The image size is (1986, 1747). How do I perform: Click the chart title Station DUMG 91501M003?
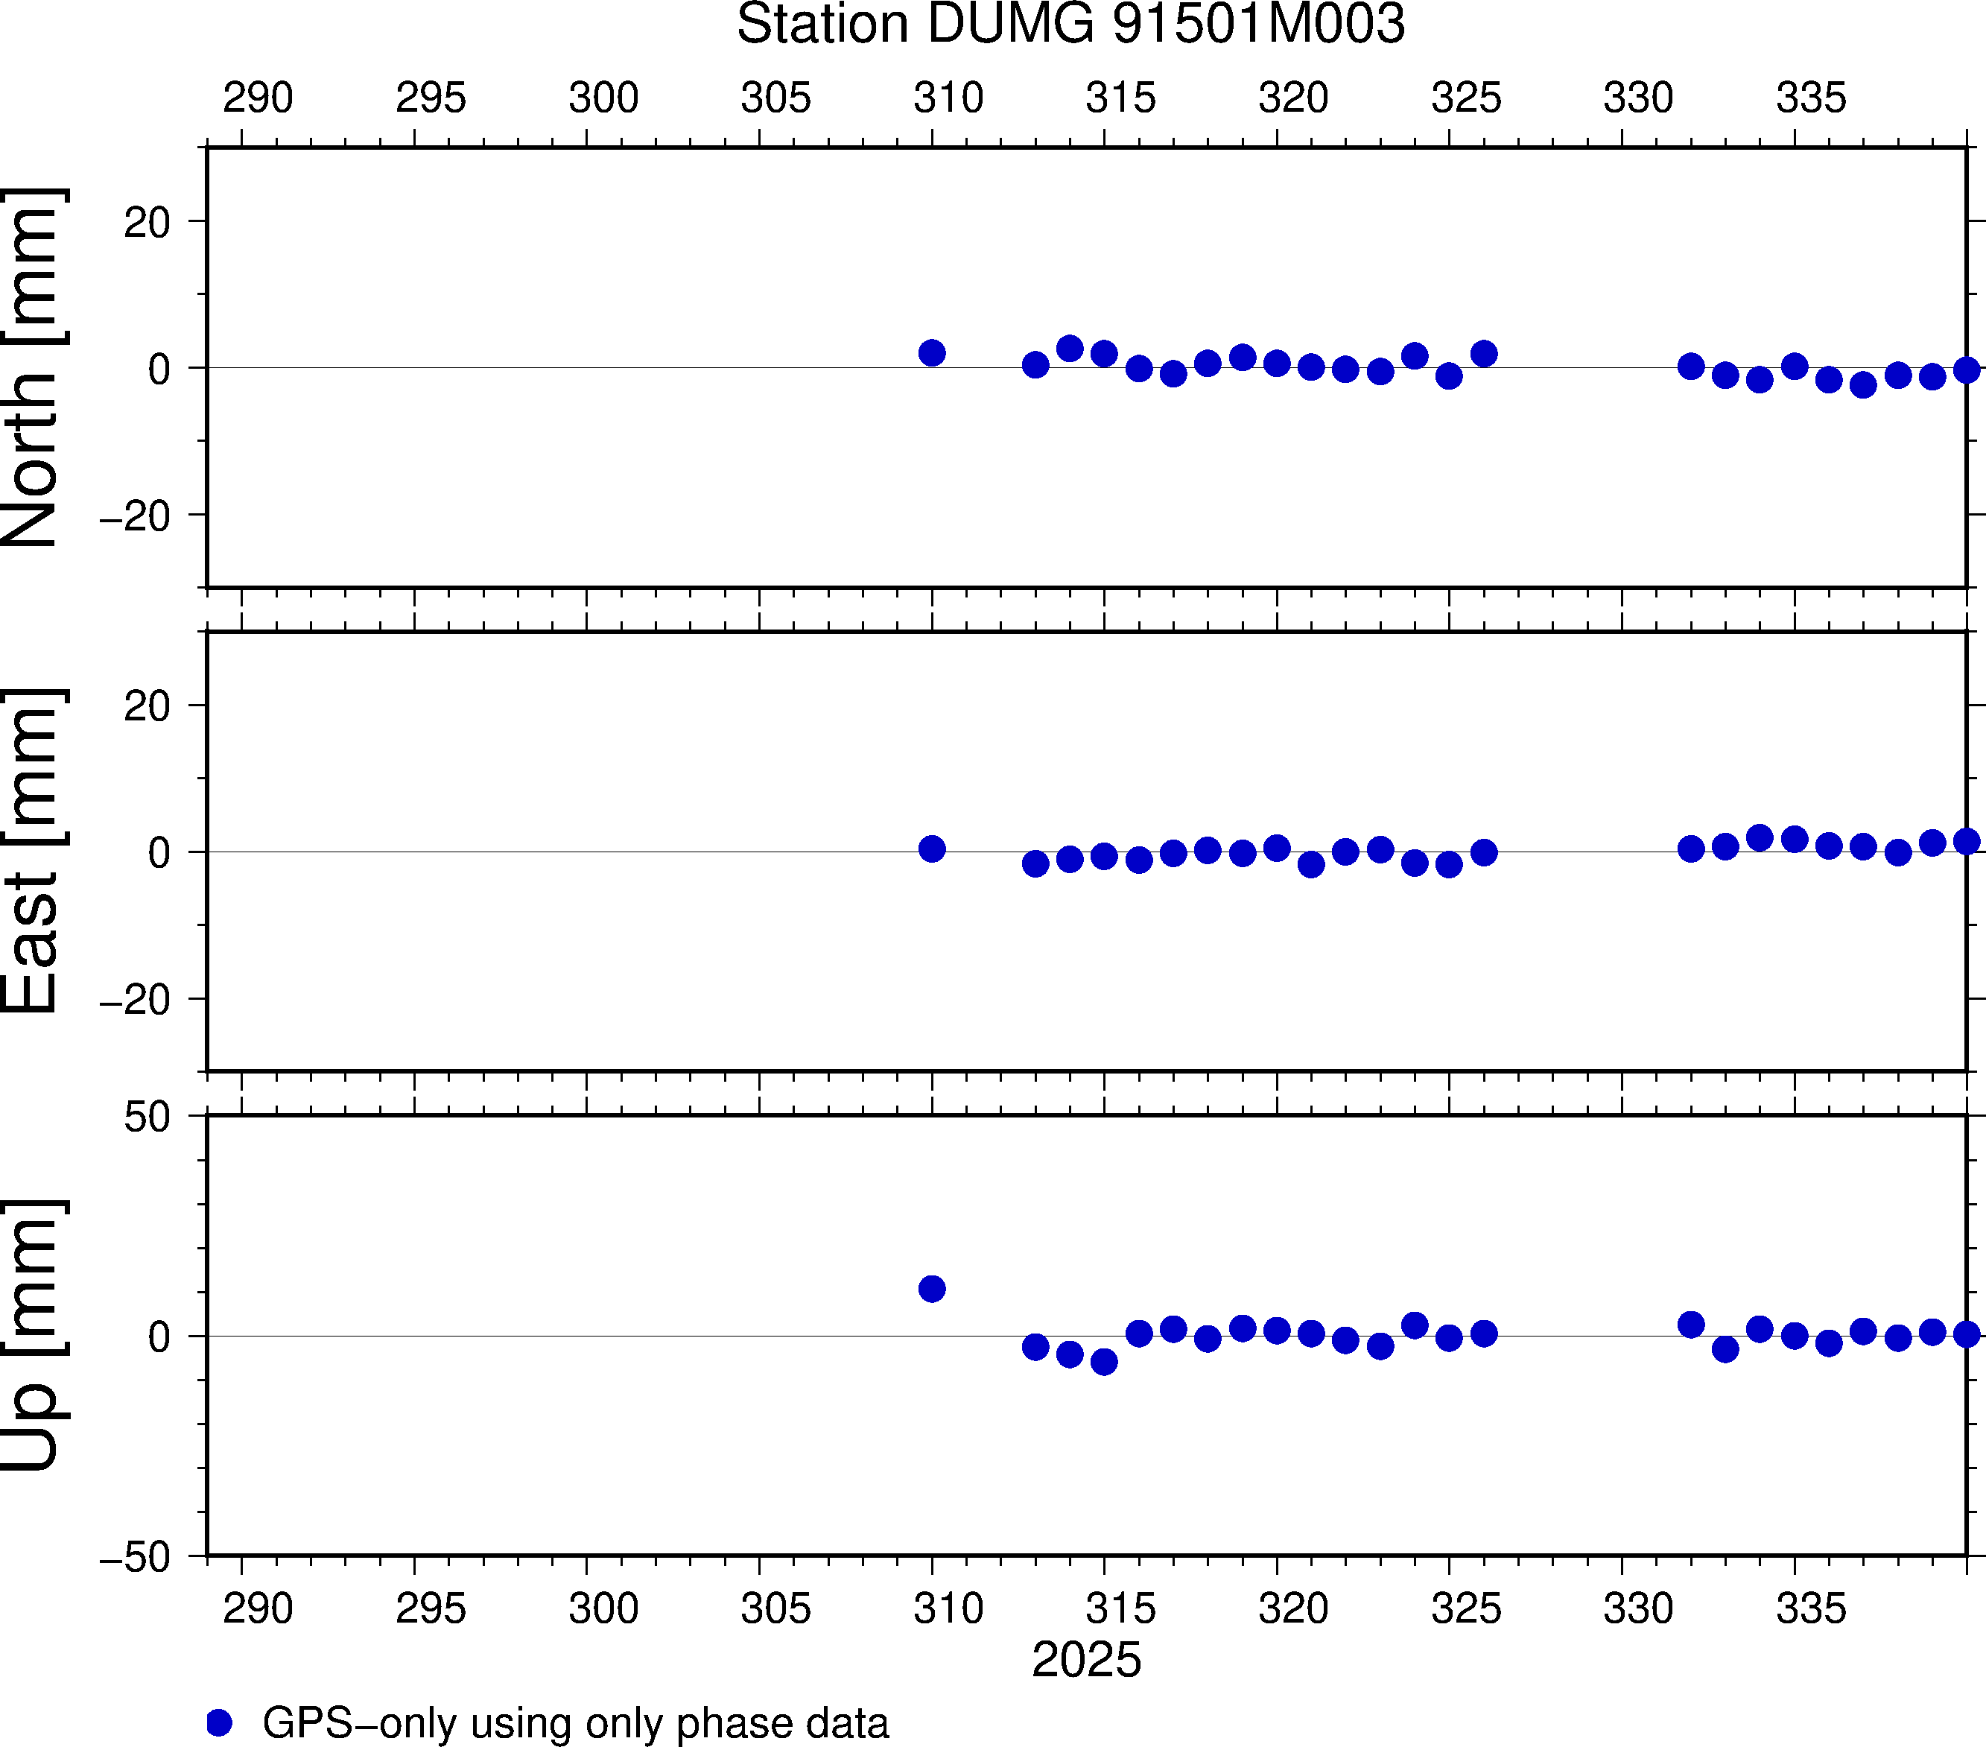(1070, 25)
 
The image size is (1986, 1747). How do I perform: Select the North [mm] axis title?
(32, 367)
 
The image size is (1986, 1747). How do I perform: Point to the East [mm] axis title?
(32, 852)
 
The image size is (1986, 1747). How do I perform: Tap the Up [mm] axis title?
(32, 1335)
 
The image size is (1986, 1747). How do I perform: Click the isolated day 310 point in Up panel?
(932, 1288)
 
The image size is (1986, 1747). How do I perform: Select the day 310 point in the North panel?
(932, 352)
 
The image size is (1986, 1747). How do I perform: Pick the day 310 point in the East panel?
(932, 849)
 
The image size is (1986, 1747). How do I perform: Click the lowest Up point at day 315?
(1104, 1361)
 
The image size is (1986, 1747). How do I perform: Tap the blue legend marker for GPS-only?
(220, 1722)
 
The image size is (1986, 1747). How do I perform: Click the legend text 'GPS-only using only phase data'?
(575, 1722)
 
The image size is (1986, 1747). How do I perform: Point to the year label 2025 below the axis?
(1086, 1660)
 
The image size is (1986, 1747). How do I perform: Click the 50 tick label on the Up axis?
(147, 1118)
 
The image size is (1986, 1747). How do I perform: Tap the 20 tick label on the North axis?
(147, 223)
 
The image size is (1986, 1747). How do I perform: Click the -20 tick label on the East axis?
(135, 1000)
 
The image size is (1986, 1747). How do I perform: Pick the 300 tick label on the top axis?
(603, 98)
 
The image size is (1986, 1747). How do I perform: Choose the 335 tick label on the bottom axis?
(1810, 1609)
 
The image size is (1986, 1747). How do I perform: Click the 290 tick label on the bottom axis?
(258, 1609)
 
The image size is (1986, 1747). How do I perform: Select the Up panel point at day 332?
(1690, 1325)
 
